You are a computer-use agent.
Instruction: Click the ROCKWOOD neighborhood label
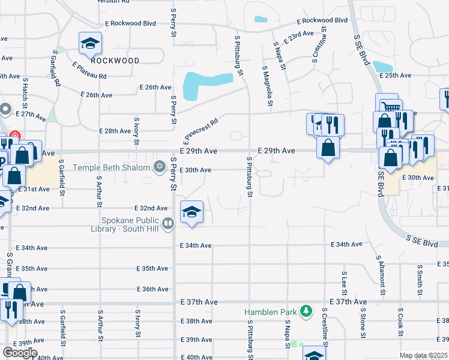tap(115, 61)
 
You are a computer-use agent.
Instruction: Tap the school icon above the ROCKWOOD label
tap(90, 43)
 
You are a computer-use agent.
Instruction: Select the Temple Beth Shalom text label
tap(112, 166)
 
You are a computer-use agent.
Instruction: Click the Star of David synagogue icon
tap(159, 166)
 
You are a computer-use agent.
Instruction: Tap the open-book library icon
tap(169, 224)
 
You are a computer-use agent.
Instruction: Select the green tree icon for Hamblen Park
tap(307, 311)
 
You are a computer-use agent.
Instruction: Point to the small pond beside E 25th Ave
tap(382, 66)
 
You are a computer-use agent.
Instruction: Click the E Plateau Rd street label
tap(89, 71)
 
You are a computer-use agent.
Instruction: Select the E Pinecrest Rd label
tap(200, 131)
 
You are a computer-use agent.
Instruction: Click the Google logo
tap(19, 352)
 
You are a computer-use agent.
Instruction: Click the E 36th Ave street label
tap(152, 289)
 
